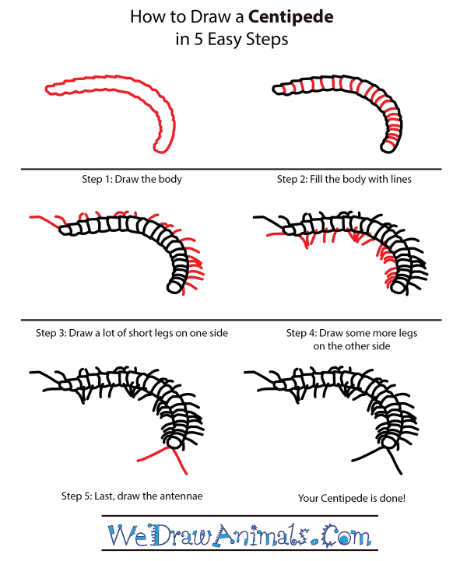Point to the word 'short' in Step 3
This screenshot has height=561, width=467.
[149, 333]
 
